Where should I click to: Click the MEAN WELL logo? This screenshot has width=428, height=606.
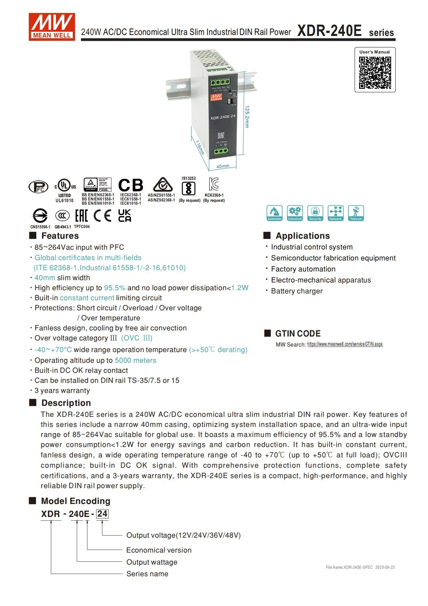[x=52, y=27]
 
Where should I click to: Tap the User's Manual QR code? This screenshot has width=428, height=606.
[x=375, y=73]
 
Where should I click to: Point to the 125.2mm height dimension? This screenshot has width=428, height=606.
[x=247, y=116]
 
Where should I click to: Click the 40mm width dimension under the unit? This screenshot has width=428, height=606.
[x=223, y=166]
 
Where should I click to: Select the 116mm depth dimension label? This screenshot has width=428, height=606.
[x=200, y=147]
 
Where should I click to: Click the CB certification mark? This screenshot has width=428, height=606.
[x=131, y=185]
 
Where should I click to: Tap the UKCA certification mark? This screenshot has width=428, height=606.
[x=125, y=215]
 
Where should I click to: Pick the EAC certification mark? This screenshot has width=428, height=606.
[x=82, y=215]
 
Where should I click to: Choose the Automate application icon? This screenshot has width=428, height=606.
[x=274, y=213]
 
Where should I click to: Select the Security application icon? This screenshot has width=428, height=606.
[x=315, y=213]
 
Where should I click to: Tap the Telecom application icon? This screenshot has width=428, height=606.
[x=356, y=213]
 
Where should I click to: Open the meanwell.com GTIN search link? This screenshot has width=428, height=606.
[x=345, y=344]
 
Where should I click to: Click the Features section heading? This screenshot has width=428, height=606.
[x=60, y=236]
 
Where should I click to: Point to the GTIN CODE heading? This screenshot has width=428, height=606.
[x=298, y=334]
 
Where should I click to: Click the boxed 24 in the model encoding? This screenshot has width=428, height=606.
[x=102, y=514]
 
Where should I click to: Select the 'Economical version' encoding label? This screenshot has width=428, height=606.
[x=159, y=550]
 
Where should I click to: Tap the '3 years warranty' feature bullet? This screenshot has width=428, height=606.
[x=62, y=390]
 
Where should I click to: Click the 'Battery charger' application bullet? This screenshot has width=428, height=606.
[x=297, y=291]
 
